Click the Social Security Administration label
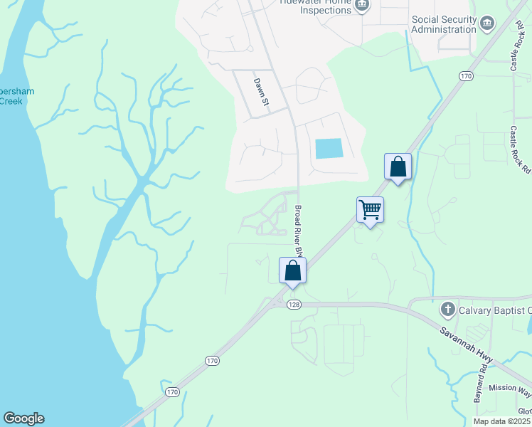pos(444,24)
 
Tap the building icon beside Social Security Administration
pos(487,23)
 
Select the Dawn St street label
pos(262,93)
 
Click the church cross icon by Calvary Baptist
pos(447,310)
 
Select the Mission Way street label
pos(509,389)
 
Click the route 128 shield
pos(294,305)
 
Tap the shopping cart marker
pos(370,210)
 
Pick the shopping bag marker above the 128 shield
pos(292,270)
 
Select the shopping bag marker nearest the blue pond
pos(398,167)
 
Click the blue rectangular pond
pos(329,148)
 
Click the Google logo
pos(23,418)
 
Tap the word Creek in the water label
pos(11,100)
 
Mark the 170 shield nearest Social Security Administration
pos(466,75)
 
